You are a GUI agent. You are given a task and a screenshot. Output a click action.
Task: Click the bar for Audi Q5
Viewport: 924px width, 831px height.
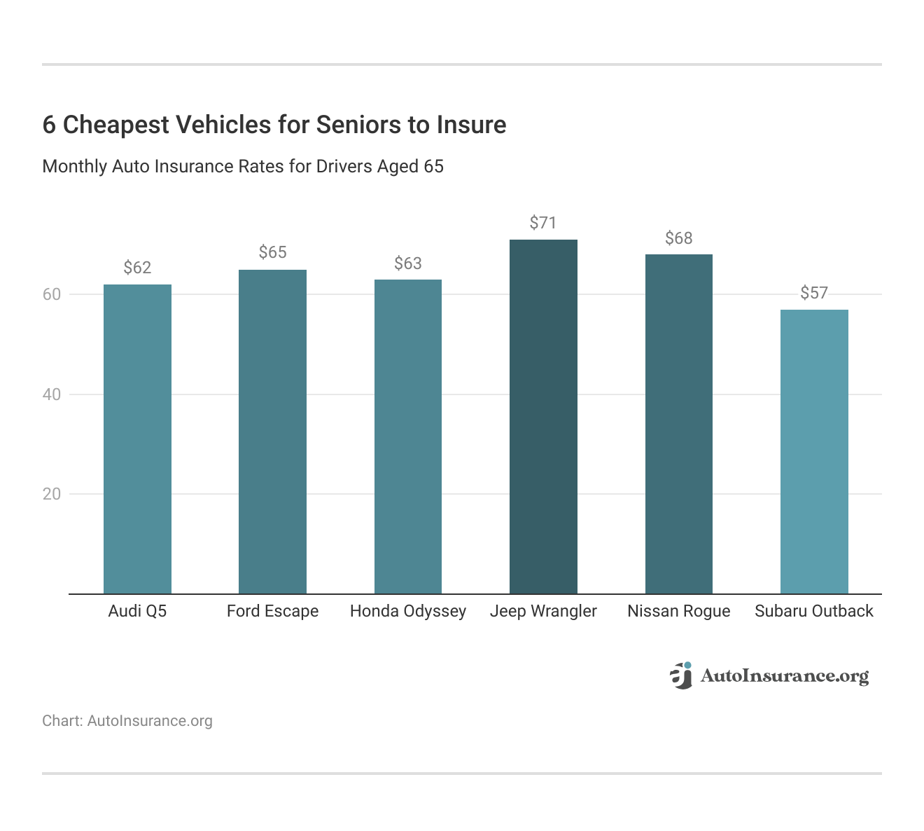point(137,439)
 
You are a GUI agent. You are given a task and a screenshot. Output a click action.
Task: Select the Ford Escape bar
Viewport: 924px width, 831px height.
point(272,432)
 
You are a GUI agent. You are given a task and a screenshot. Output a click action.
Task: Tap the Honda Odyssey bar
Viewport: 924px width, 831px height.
point(408,437)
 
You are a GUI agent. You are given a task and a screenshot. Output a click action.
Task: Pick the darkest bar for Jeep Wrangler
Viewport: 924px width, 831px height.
point(543,417)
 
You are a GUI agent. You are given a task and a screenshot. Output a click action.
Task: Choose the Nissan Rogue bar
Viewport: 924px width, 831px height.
point(678,424)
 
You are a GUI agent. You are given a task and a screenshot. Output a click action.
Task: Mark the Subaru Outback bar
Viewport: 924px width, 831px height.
point(814,452)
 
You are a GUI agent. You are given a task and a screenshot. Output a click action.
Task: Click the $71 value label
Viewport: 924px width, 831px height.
point(543,223)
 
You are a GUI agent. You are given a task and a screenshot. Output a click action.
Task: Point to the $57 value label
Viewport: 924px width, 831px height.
point(814,293)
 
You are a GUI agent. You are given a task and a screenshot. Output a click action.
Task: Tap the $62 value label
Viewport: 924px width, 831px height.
point(137,268)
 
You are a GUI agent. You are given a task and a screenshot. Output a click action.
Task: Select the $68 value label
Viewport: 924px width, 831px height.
point(678,238)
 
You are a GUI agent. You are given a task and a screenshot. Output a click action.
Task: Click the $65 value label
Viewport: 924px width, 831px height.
point(272,252)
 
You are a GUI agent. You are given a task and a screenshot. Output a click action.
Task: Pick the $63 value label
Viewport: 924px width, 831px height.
point(408,263)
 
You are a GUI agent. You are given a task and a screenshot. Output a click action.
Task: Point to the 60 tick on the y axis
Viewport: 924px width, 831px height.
point(52,294)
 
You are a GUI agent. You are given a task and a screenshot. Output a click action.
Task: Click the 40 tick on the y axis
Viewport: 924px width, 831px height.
point(52,394)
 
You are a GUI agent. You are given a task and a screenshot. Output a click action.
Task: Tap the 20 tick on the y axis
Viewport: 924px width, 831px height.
point(52,494)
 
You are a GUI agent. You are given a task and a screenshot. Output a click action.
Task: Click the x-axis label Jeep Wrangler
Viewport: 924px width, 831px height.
point(543,611)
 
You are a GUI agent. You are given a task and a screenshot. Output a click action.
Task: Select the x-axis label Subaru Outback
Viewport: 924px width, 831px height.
point(814,611)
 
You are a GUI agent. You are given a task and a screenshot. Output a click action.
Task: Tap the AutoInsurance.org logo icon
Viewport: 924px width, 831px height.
point(681,675)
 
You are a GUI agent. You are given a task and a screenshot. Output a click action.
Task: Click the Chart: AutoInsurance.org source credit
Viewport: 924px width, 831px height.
point(127,721)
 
